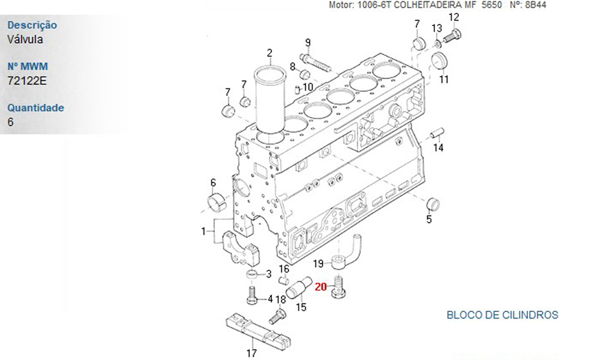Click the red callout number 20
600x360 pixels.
pyautogui.click(x=320, y=287)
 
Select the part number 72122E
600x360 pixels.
pyautogui.click(x=26, y=80)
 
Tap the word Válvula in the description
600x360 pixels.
pyautogui.click(x=25, y=39)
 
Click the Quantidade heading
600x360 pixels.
pyautogui.click(x=35, y=108)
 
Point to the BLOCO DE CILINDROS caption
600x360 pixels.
pyautogui.click(x=502, y=314)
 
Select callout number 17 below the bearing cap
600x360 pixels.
pyautogui.click(x=251, y=353)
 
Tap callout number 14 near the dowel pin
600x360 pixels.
pyautogui.click(x=439, y=148)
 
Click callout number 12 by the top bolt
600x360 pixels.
pyautogui.click(x=454, y=17)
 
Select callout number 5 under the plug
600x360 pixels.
pyautogui.click(x=429, y=220)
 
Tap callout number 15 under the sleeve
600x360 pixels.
pyautogui.click(x=301, y=307)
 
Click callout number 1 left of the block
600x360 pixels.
pyautogui.click(x=204, y=230)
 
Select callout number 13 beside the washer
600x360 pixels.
pyautogui.click(x=437, y=28)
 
